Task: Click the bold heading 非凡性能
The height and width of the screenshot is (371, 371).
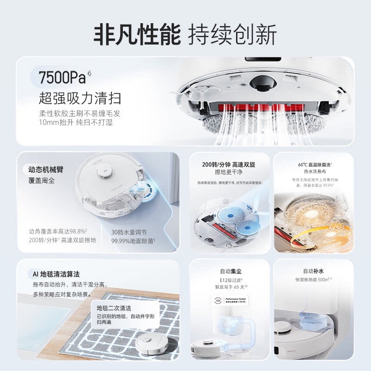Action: (x=137, y=35)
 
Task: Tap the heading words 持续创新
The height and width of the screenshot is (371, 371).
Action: (x=232, y=35)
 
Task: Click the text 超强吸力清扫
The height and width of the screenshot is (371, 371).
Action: (x=79, y=98)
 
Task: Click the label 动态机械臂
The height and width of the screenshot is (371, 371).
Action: (x=45, y=169)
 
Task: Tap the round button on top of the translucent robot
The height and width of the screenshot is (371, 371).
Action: (x=102, y=173)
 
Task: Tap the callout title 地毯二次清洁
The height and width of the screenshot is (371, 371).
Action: (x=114, y=308)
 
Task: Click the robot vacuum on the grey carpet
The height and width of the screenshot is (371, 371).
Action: (x=151, y=342)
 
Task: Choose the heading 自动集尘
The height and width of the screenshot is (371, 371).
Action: (x=230, y=271)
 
